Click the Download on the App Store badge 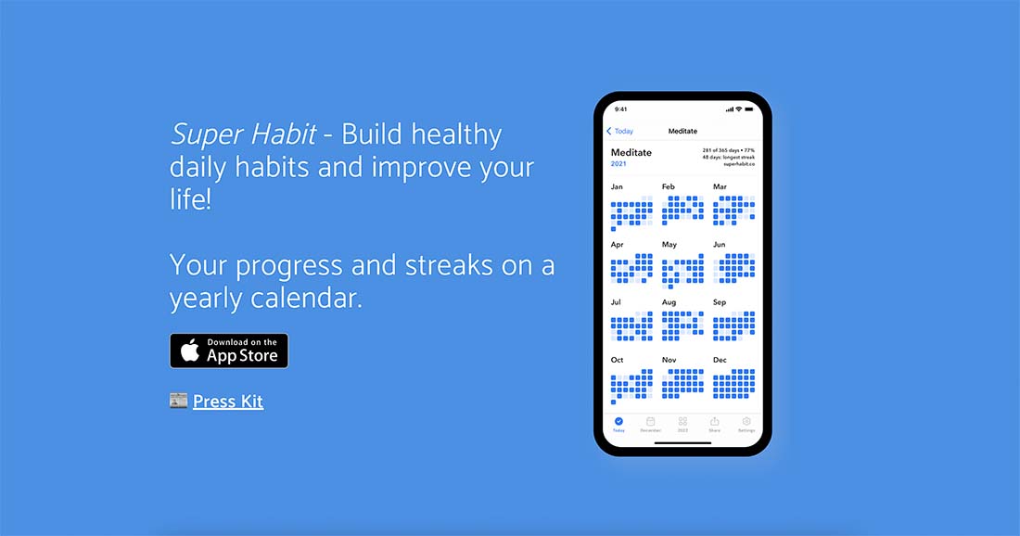[228, 351]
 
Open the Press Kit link [227, 402]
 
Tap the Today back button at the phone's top [619, 132]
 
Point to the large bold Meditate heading [631, 152]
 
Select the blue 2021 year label [618, 164]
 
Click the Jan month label [617, 187]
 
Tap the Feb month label [669, 187]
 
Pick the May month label [669, 245]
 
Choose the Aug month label [669, 302]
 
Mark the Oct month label [618, 360]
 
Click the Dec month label [720, 360]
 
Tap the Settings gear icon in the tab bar [746, 422]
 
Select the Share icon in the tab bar [714, 422]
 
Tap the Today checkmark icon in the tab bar [618, 422]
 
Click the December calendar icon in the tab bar [651, 422]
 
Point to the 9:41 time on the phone [620, 108]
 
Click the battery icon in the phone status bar [748, 108]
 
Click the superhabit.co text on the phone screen [739, 164]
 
